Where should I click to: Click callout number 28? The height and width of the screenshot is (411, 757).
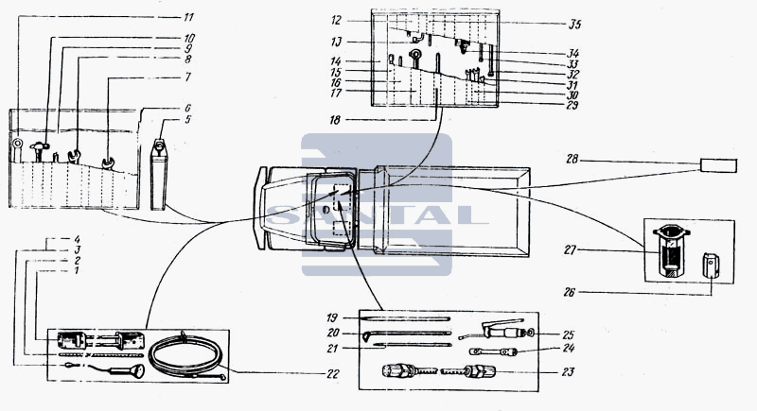click(x=572, y=159)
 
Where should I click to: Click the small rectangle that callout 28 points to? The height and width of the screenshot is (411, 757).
click(x=719, y=165)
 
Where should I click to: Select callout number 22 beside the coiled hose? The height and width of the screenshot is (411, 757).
click(x=333, y=374)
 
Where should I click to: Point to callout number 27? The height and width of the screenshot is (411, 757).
click(x=571, y=250)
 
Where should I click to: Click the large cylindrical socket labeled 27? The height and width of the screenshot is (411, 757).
click(x=670, y=250)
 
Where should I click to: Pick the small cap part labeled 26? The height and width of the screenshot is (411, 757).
click(x=711, y=265)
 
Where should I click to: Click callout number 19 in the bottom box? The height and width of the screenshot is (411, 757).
click(x=332, y=318)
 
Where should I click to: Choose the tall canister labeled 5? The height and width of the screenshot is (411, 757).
click(x=158, y=174)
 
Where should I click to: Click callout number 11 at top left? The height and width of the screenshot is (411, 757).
click(x=188, y=17)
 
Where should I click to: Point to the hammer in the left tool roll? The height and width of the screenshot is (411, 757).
click(x=39, y=150)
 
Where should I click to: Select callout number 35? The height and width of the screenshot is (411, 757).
click(x=574, y=24)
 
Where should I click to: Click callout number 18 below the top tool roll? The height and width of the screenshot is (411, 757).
click(x=335, y=120)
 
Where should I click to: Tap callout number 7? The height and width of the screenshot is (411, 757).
click(x=187, y=77)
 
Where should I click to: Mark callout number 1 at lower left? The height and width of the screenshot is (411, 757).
click(x=76, y=271)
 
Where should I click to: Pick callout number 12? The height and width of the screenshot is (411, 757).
click(x=337, y=20)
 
